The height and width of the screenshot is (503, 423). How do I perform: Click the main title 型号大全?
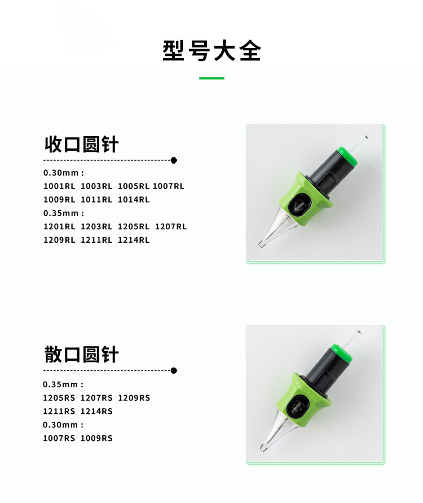click(211, 51)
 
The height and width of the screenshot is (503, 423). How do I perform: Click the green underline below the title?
click(211, 78)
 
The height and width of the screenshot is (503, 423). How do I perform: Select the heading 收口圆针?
click(81, 144)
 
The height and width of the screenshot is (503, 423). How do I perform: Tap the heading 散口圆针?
click(81, 355)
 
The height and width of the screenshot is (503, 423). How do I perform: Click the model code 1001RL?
click(59, 186)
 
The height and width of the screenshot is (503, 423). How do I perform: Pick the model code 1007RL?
click(169, 186)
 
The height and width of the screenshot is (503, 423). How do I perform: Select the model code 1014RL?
click(134, 200)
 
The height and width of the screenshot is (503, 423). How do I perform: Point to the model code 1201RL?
click(59, 227)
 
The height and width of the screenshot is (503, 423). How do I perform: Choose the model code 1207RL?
click(171, 227)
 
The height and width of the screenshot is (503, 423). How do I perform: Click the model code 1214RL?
click(134, 240)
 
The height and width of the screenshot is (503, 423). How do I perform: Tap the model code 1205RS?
click(59, 398)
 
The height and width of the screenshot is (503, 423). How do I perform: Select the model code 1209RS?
click(134, 398)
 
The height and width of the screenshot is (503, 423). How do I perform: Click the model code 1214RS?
click(96, 412)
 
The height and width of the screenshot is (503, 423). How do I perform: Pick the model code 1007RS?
click(59, 439)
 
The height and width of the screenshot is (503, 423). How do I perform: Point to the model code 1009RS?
click(96, 439)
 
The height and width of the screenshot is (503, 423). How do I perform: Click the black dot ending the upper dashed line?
click(174, 160)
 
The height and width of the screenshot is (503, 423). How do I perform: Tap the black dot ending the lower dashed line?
click(174, 370)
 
